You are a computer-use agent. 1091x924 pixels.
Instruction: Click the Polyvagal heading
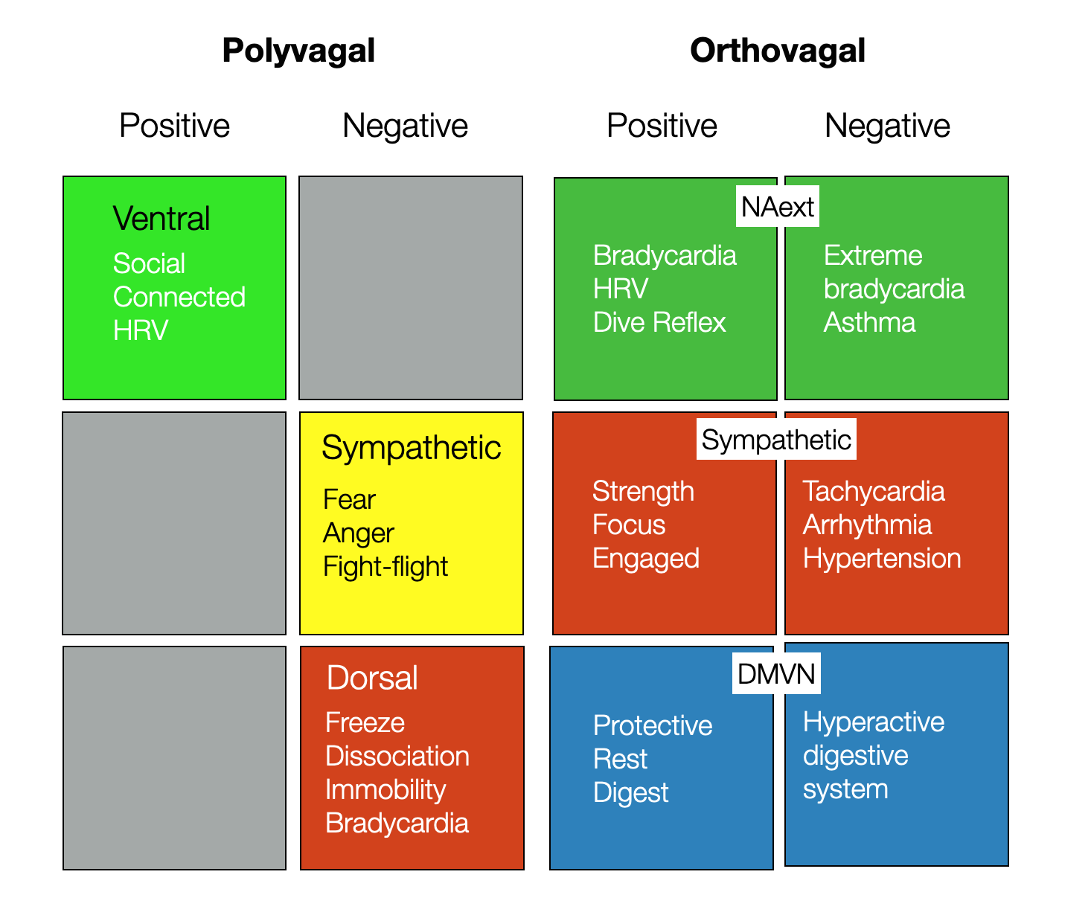[298, 51]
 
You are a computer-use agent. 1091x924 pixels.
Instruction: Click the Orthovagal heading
[777, 51]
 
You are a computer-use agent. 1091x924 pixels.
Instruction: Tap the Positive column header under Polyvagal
[174, 126]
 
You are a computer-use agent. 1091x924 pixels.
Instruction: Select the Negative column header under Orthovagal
[887, 126]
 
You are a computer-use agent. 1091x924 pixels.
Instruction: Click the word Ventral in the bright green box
[161, 219]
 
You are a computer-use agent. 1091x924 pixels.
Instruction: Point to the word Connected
[179, 297]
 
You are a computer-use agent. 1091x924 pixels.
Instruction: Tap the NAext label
[778, 207]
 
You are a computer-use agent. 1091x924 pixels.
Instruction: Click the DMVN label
[776, 674]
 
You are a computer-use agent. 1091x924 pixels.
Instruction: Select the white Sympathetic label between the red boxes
[776, 440]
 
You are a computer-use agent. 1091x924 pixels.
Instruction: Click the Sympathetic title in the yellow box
[411, 448]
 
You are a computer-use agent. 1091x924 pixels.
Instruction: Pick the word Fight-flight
[385, 567]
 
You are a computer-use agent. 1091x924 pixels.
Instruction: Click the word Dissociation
[397, 756]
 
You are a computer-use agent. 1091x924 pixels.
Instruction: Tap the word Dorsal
[372, 678]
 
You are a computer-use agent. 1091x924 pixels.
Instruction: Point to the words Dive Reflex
[659, 322]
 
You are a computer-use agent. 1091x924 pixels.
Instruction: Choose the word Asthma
[869, 322]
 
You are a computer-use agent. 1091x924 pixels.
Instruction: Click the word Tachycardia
[874, 491]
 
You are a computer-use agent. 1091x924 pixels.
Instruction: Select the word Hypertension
[882, 558]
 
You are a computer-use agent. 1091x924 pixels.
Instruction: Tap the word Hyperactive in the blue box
[874, 722]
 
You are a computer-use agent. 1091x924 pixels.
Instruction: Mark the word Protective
[653, 725]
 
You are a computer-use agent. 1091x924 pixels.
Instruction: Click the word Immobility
[385, 789]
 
